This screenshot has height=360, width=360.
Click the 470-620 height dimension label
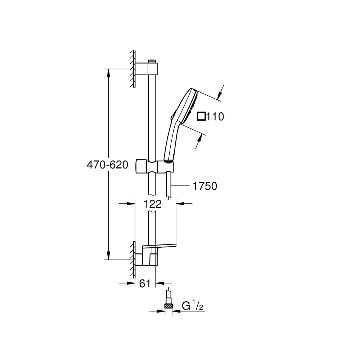[107, 165]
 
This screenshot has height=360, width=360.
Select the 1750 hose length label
[205, 186]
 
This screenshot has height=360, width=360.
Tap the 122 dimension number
[152, 204]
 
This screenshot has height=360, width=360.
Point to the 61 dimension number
[145, 284]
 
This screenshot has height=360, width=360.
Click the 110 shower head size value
[215, 117]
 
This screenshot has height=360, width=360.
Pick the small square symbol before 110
[201, 116]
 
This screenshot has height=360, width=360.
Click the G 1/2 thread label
[192, 306]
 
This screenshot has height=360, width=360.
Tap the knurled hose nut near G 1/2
[168, 306]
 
